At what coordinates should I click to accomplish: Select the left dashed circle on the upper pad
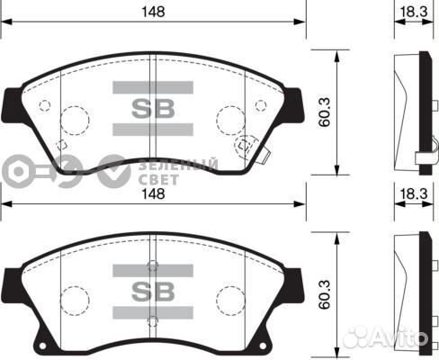coord(73,117)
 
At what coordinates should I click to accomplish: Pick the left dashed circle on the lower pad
coord(73,297)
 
